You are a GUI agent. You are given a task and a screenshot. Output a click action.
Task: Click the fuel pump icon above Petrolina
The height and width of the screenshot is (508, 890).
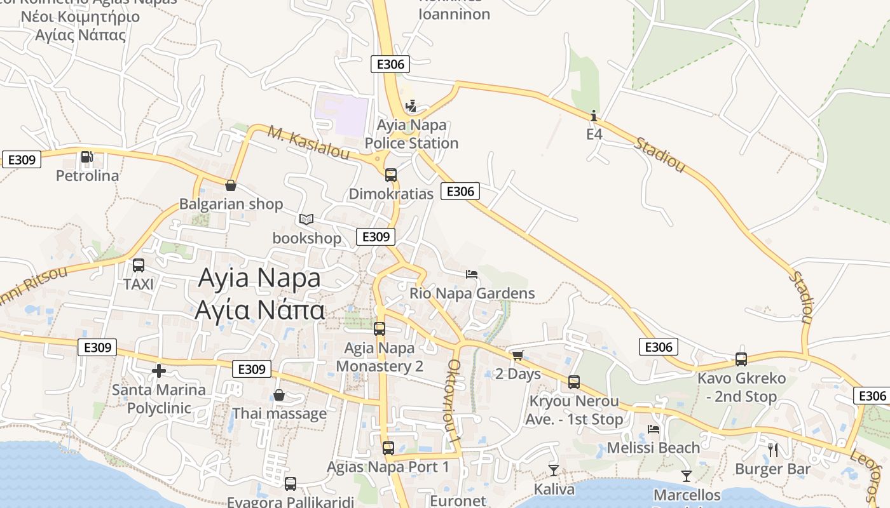(x=86, y=156)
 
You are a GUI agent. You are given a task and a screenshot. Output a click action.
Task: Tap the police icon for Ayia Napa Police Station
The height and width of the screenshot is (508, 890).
(x=411, y=105)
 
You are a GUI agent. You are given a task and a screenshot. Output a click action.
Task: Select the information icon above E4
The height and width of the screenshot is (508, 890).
(x=594, y=116)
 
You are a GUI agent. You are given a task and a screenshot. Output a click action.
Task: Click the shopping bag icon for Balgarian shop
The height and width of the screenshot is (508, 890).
(x=231, y=185)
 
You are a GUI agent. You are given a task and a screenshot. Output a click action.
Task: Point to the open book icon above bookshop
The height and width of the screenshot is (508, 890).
(x=306, y=219)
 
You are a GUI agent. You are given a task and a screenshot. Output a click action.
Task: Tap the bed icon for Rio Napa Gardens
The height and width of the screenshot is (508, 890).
(x=472, y=274)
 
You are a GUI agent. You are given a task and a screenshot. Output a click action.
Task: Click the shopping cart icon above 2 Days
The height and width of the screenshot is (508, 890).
(x=517, y=355)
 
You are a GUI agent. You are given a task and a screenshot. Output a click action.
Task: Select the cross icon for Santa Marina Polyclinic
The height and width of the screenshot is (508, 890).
(x=158, y=370)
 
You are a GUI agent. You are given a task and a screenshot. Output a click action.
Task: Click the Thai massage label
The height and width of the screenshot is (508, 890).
(x=279, y=414)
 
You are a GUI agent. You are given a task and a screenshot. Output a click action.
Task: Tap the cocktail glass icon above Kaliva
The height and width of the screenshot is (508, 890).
(x=554, y=470)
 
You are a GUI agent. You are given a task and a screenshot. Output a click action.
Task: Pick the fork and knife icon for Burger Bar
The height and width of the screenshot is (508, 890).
(x=773, y=450)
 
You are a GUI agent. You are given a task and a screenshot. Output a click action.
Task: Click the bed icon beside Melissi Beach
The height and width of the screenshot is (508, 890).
(x=654, y=429)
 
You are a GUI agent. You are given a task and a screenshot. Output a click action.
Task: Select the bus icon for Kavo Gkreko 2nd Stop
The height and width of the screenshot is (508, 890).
(x=741, y=359)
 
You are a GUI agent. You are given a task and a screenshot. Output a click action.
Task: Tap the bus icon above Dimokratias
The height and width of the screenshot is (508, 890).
(x=391, y=175)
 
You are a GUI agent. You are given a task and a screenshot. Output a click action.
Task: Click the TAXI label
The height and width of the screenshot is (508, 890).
(x=139, y=284)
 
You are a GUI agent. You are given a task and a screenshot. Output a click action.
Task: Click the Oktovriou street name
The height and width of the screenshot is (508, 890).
(x=453, y=400)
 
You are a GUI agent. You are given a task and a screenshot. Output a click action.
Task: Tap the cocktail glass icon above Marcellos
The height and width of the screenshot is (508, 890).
(x=687, y=476)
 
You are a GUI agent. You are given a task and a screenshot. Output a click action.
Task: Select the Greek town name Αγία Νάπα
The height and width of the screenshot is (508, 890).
(x=260, y=310)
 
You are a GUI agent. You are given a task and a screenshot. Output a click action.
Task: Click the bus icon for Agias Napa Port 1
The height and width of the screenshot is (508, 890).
(x=388, y=448)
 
